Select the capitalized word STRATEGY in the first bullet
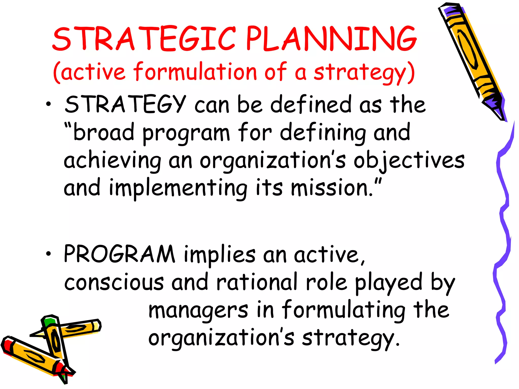point(125,104)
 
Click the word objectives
point(409,161)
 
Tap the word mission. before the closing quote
point(332,188)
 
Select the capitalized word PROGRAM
point(119,254)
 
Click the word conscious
point(114,282)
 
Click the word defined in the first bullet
point(311,104)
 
